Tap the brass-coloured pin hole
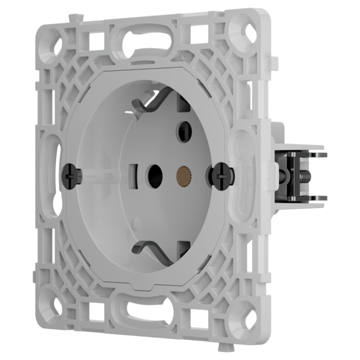pos(183,174)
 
